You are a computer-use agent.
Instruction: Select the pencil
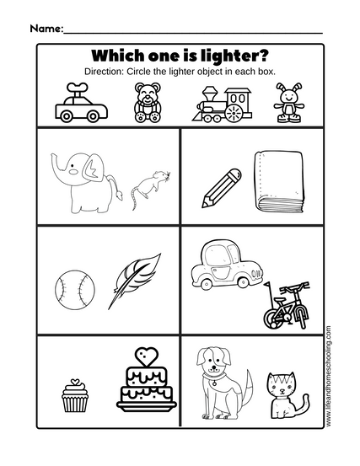point(221,188)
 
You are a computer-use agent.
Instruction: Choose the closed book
point(279,182)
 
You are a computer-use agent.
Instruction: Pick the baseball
point(75,290)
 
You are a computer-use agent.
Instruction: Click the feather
point(134,281)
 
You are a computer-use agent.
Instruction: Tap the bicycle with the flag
point(285,304)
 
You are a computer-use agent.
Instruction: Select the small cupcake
point(75,395)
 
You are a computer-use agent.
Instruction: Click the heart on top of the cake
point(146,356)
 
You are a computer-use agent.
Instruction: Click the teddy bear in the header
point(148,103)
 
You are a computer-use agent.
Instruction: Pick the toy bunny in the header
point(289,103)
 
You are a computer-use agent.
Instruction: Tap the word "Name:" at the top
point(46,29)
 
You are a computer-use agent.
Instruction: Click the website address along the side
point(328,377)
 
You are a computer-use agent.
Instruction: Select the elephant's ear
point(93,168)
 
